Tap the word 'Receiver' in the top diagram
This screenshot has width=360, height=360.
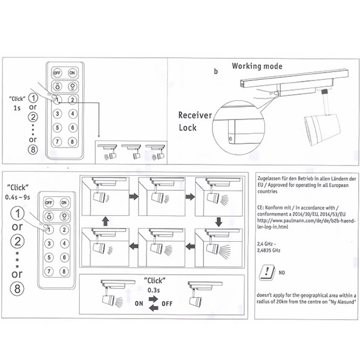tap(195, 115)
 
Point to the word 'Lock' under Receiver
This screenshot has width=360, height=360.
tap(187, 128)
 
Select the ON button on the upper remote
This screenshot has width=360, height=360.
tap(72, 73)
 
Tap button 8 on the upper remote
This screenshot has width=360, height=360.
tap(72, 142)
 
